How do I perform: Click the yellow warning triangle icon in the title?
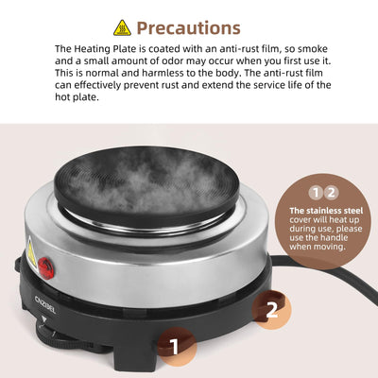(x=122, y=27)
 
